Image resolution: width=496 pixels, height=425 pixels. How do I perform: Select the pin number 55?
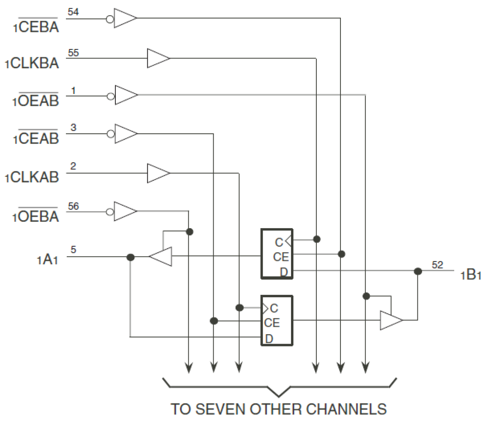(x=73, y=52)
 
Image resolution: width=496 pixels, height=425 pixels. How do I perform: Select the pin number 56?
(x=73, y=206)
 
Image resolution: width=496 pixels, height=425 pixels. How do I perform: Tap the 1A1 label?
(x=48, y=259)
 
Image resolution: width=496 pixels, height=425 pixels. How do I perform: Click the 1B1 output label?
(x=471, y=275)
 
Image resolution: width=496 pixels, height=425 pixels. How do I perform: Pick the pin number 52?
(x=438, y=265)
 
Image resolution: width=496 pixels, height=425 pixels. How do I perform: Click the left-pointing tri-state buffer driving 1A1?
(x=161, y=257)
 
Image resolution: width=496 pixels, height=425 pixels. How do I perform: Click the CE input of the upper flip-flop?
(x=281, y=257)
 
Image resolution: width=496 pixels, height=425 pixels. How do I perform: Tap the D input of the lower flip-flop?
(x=269, y=339)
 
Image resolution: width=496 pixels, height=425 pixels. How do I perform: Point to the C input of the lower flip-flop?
(x=273, y=308)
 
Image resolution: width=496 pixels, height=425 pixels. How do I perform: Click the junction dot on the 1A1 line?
(x=130, y=257)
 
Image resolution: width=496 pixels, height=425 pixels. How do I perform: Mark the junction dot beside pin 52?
(x=418, y=271)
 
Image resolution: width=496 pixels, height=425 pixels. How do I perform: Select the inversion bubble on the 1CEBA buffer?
(x=110, y=19)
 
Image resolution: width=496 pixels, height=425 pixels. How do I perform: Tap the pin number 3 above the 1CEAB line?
(x=73, y=127)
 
